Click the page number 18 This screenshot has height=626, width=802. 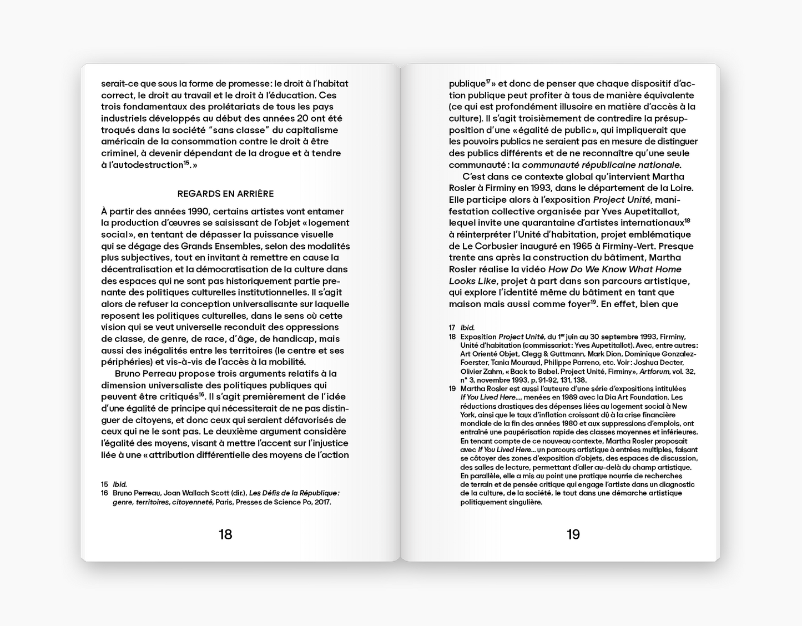coord(225,534)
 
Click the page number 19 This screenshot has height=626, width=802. coord(573,534)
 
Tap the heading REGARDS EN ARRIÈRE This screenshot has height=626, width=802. coord(225,194)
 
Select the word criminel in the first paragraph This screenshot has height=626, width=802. coord(119,153)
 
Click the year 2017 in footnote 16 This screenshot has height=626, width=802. coord(321,502)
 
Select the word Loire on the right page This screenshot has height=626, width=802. coord(679,188)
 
